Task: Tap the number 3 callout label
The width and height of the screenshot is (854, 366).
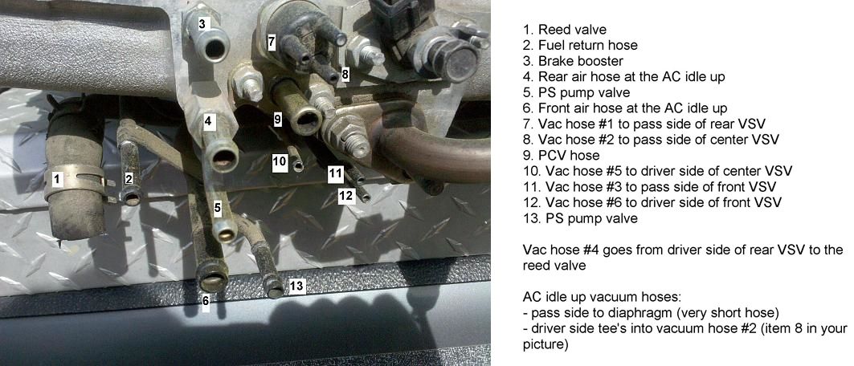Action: (202, 24)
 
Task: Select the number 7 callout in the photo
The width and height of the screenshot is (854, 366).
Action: (272, 40)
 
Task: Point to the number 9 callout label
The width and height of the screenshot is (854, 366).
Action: (278, 120)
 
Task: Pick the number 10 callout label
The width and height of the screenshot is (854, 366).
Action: (280, 161)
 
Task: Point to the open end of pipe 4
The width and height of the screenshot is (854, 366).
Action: (223, 157)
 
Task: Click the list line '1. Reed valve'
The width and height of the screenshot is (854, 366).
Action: (564, 30)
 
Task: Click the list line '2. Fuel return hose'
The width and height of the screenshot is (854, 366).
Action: (580, 45)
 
